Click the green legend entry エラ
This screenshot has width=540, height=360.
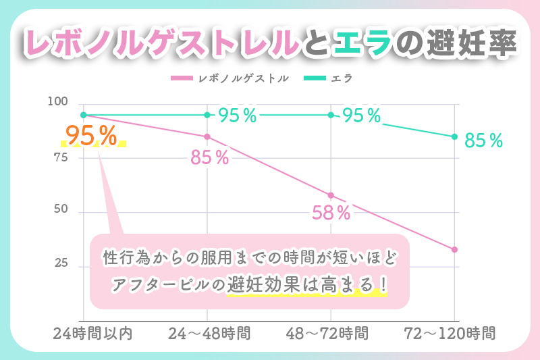342,78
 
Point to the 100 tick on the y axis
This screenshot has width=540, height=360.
59,102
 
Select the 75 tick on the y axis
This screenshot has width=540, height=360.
61,157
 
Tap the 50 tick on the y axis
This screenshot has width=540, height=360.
61,210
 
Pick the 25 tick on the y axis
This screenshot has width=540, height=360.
61,264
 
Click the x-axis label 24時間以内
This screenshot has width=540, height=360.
83,333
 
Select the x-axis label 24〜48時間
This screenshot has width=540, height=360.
207,333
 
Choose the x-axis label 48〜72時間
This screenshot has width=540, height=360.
331,333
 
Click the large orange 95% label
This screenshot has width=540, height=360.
93,136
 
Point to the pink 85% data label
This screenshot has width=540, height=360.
209,159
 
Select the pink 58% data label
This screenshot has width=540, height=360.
331,213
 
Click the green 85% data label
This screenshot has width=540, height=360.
484,141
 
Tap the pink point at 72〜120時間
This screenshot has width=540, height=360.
454,250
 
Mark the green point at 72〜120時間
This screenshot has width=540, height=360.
454,136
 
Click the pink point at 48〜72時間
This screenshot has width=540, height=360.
331,195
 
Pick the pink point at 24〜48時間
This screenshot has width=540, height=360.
207,137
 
